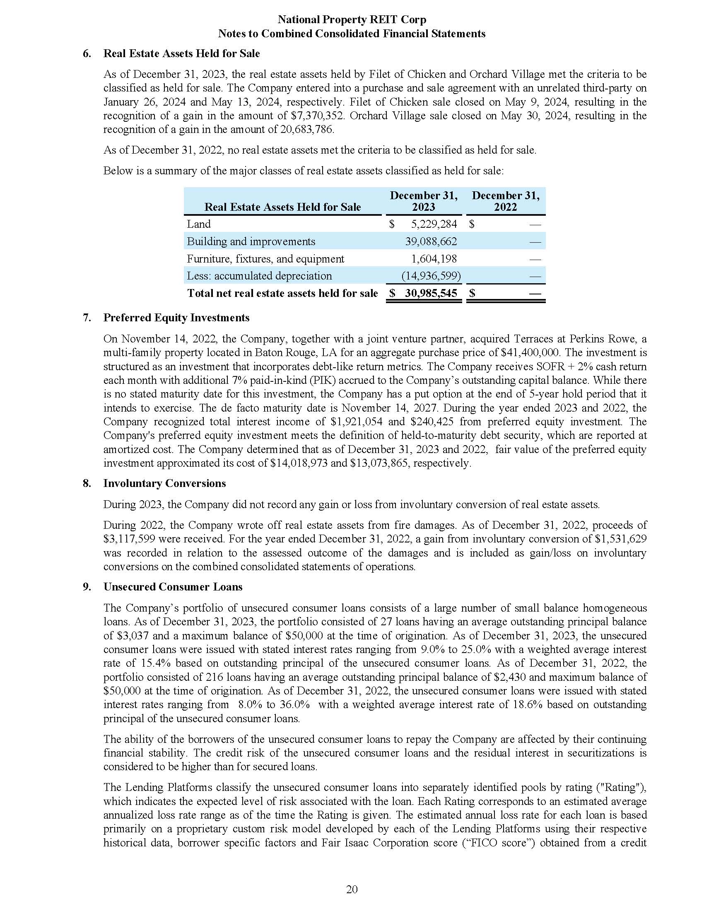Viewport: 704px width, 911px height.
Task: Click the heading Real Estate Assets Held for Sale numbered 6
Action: tap(181, 54)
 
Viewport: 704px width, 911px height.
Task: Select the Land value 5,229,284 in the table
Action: tap(434, 224)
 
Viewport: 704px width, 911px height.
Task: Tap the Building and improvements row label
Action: tap(251, 241)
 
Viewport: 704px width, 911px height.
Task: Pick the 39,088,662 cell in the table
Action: tap(431, 241)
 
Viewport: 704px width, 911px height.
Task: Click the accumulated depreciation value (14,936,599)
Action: tap(431, 276)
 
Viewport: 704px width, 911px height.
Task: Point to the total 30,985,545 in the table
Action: tap(431, 293)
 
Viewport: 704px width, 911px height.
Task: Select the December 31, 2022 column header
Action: tap(505, 201)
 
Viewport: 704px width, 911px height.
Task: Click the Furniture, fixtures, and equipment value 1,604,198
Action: tap(434, 259)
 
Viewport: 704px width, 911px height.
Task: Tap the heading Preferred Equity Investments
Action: tap(176, 318)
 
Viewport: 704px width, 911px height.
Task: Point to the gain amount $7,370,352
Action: tap(317, 116)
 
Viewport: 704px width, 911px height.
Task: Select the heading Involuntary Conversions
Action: tap(164, 483)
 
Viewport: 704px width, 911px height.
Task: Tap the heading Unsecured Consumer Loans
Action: tap(173, 587)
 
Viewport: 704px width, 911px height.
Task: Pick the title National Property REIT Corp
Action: tap(352, 19)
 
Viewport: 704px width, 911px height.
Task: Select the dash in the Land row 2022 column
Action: tap(535, 225)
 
